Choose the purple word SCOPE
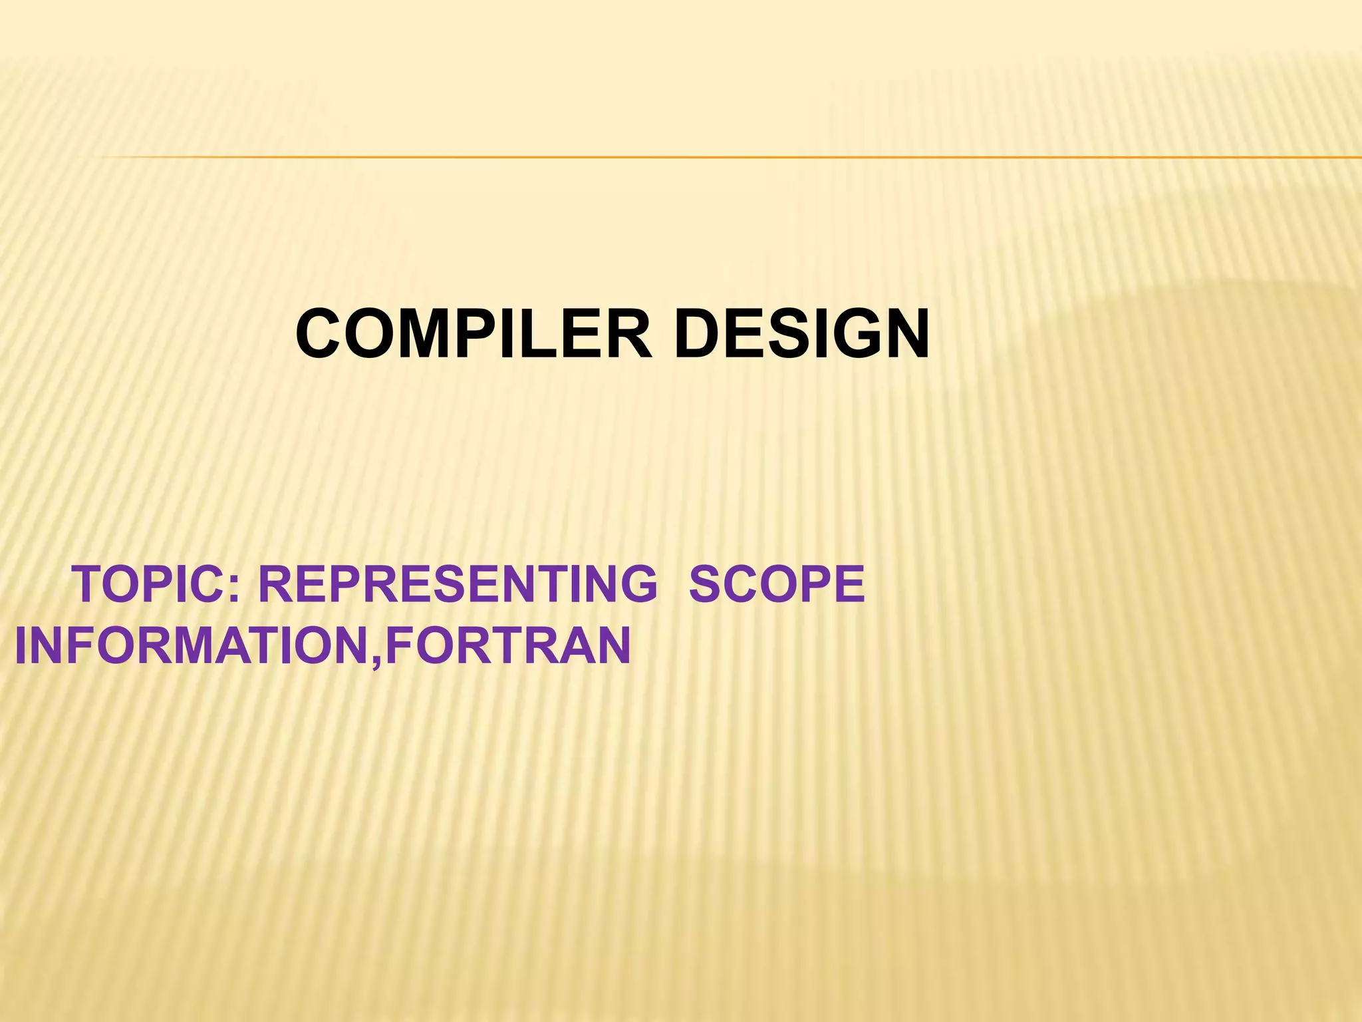tap(776, 585)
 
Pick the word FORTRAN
tap(507, 645)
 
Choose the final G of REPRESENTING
tap(634, 585)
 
